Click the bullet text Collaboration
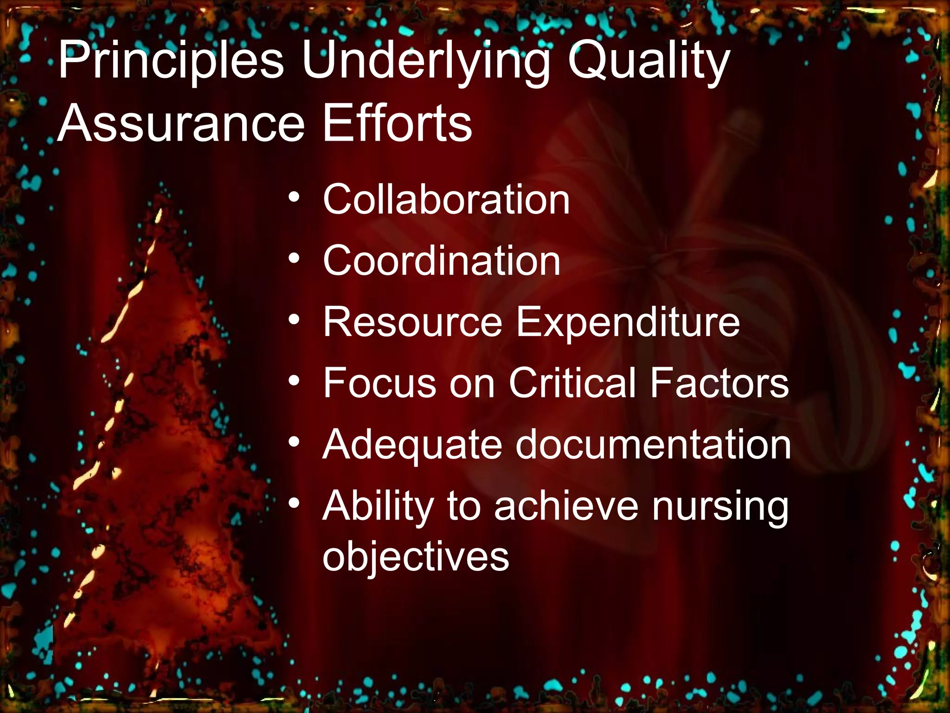pyautogui.click(x=446, y=200)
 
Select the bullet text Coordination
pyautogui.click(x=441, y=261)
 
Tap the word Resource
pyautogui.click(x=412, y=322)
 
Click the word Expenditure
pyautogui.click(x=628, y=322)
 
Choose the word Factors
pyautogui.click(x=719, y=383)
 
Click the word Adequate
pyautogui.click(x=412, y=445)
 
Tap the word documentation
pyautogui.click(x=653, y=445)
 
